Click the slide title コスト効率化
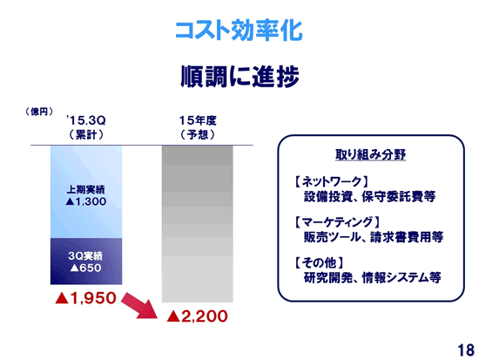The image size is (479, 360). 239,31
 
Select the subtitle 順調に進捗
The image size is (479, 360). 239,76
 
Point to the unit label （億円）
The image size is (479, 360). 39,112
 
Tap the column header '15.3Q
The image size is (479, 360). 86,120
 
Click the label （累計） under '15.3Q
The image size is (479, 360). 86,134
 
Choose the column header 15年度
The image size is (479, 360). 198,120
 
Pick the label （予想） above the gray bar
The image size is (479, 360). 198,134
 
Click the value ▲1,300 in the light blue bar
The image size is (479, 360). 86,201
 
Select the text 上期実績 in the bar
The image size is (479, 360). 86,190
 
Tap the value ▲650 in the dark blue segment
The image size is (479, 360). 86,268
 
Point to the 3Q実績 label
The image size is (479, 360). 85,255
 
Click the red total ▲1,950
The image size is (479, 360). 86,297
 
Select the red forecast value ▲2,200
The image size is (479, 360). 198,316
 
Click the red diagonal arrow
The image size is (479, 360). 139,306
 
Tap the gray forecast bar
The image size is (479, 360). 198,224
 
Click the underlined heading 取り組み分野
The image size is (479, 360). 370,154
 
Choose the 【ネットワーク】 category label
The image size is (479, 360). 331,182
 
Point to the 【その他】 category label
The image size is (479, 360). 319,262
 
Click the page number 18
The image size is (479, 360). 466,350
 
